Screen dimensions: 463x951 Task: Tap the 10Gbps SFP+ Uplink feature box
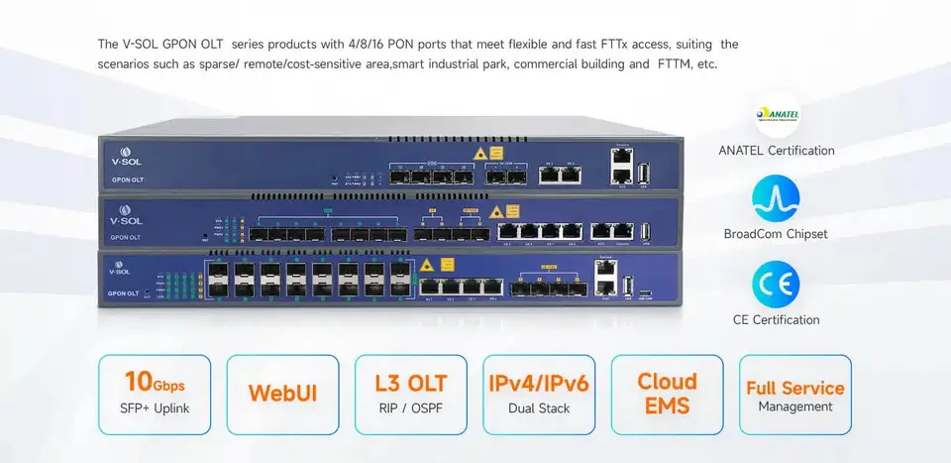click(x=155, y=394)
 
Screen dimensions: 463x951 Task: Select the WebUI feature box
click(x=282, y=394)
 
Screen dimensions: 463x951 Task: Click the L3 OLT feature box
click(x=410, y=394)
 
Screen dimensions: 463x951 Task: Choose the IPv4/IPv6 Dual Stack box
click(x=539, y=394)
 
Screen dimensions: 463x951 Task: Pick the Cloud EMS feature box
click(x=667, y=394)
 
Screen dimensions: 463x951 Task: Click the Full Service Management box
click(x=795, y=394)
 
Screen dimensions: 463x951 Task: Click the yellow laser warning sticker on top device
click(x=480, y=154)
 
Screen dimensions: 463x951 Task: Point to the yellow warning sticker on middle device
click(x=512, y=210)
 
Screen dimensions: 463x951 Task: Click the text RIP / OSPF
click(x=409, y=406)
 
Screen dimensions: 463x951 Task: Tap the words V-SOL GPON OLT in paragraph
click(x=166, y=45)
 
